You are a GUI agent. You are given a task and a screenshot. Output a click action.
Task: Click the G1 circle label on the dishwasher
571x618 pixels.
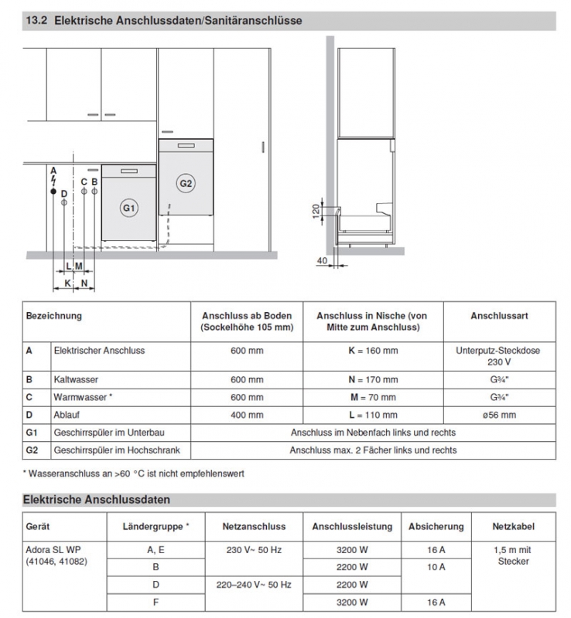(129, 209)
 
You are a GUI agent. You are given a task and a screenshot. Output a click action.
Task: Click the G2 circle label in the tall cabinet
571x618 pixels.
(186, 183)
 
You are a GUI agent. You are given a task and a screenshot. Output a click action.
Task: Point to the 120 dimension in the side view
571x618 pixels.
(316, 210)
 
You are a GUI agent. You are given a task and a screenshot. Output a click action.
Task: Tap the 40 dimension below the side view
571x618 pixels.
(322, 261)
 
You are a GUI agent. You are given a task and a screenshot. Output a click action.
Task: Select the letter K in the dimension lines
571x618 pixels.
(68, 283)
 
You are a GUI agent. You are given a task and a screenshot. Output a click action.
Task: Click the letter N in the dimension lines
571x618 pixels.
(84, 283)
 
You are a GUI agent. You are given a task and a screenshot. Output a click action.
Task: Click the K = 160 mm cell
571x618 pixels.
(371, 351)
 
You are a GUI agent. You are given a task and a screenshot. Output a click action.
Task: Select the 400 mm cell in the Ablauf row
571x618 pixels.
(247, 416)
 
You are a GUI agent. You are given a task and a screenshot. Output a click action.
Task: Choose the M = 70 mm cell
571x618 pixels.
(371, 398)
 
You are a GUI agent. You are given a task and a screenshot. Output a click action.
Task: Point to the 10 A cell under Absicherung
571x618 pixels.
(436, 566)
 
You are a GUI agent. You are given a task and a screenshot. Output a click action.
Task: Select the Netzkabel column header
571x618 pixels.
(513, 526)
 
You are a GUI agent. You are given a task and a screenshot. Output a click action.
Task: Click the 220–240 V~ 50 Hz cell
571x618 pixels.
(254, 585)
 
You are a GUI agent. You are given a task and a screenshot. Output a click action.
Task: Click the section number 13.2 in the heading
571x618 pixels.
(38, 21)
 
